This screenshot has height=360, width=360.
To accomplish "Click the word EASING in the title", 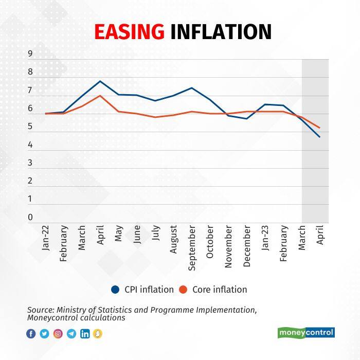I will coord(130,32).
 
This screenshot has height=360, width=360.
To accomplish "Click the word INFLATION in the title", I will coord(221,32).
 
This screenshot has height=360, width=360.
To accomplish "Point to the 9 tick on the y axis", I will coord(30,53).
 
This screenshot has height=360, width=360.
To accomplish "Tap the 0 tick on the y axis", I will coord(30,217).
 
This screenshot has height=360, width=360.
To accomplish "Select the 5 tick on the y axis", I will coord(30,127).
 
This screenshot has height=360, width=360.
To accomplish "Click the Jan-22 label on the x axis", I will coord(45,238).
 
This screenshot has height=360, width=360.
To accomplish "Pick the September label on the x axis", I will coord(191,247).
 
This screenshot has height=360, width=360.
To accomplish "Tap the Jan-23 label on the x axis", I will coord(265,238).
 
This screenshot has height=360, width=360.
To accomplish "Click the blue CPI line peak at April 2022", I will coord(100,81).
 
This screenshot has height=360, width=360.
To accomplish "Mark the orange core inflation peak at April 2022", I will coord(100,96).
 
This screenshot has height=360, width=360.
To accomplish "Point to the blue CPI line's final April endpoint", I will coord(320,137).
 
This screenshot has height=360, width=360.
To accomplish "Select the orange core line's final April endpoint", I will coord(320,128).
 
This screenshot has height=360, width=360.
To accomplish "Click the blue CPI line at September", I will coord(191,88).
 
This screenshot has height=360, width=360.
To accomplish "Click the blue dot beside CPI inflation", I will coord(116,290).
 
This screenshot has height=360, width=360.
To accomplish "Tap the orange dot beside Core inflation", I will coord(183,290).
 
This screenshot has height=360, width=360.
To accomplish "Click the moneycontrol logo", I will coord(306,333).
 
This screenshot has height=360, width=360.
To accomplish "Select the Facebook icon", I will coord(31,334).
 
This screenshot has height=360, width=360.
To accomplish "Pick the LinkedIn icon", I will coord(85,334).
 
